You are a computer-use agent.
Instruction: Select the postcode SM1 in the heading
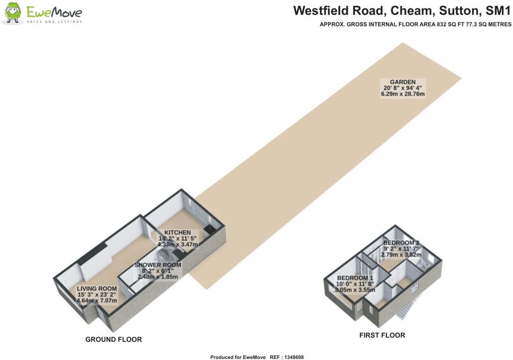tap(498, 11)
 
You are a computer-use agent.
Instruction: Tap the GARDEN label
tap(402, 82)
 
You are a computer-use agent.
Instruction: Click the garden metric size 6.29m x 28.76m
tap(402, 94)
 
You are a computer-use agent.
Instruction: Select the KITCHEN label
tap(178, 233)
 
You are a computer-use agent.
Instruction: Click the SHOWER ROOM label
tap(158, 265)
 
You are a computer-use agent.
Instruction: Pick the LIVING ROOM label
tap(97, 289)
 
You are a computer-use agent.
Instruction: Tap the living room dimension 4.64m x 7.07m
tap(97, 301)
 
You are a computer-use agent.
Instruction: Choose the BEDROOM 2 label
tap(401, 243)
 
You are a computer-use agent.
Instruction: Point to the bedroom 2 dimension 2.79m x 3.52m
tap(401, 255)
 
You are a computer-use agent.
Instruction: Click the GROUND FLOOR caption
tap(113, 340)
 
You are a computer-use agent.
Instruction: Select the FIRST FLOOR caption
tap(382, 335)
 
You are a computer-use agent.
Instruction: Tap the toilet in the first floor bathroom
tap(426, 265)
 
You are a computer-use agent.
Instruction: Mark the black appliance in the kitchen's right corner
tap(208, 230)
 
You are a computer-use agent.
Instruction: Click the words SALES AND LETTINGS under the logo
tap(54, 22)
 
